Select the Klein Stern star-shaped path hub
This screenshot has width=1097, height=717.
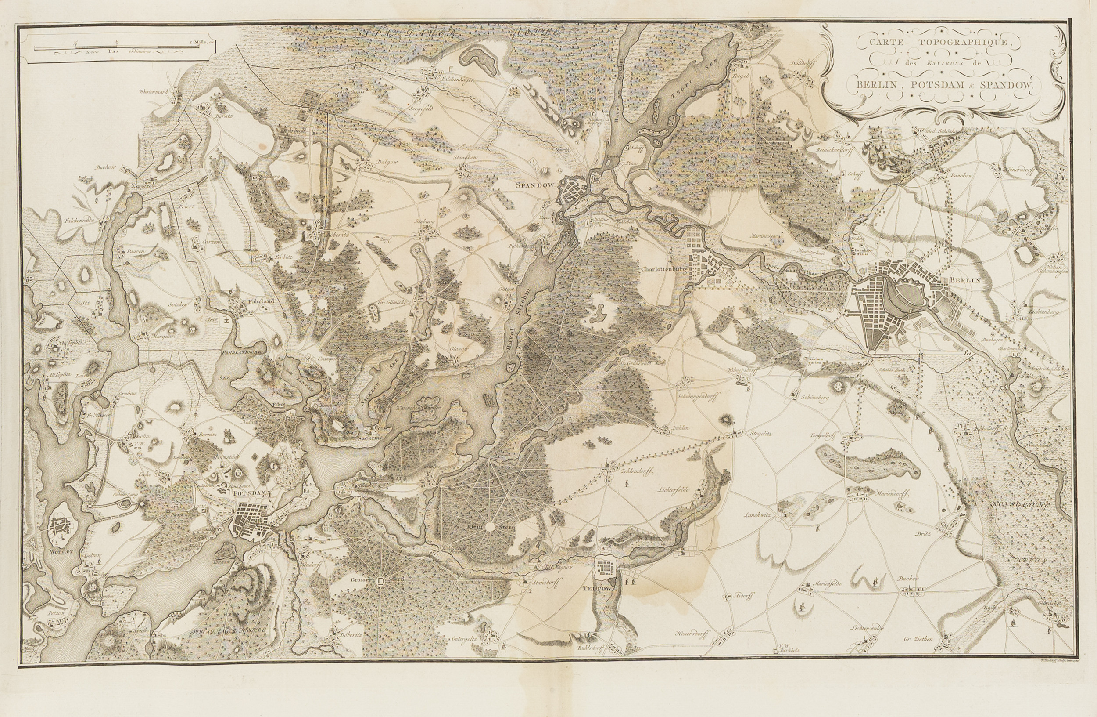click(x=491, y=526)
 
